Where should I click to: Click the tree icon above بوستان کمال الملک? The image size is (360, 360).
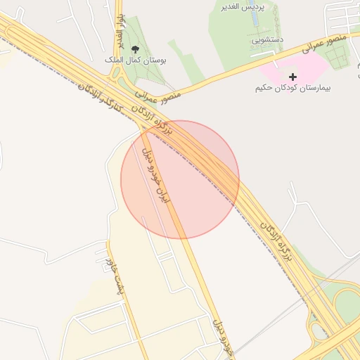point(135,49)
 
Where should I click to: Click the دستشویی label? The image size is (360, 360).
point(268,41)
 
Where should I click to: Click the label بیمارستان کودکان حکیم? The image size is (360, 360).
point(292,89)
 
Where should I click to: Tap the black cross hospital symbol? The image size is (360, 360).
point(293,76)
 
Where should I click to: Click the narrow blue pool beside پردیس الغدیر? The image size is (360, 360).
point(255,19)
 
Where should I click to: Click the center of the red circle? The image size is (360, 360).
point(180,179)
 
